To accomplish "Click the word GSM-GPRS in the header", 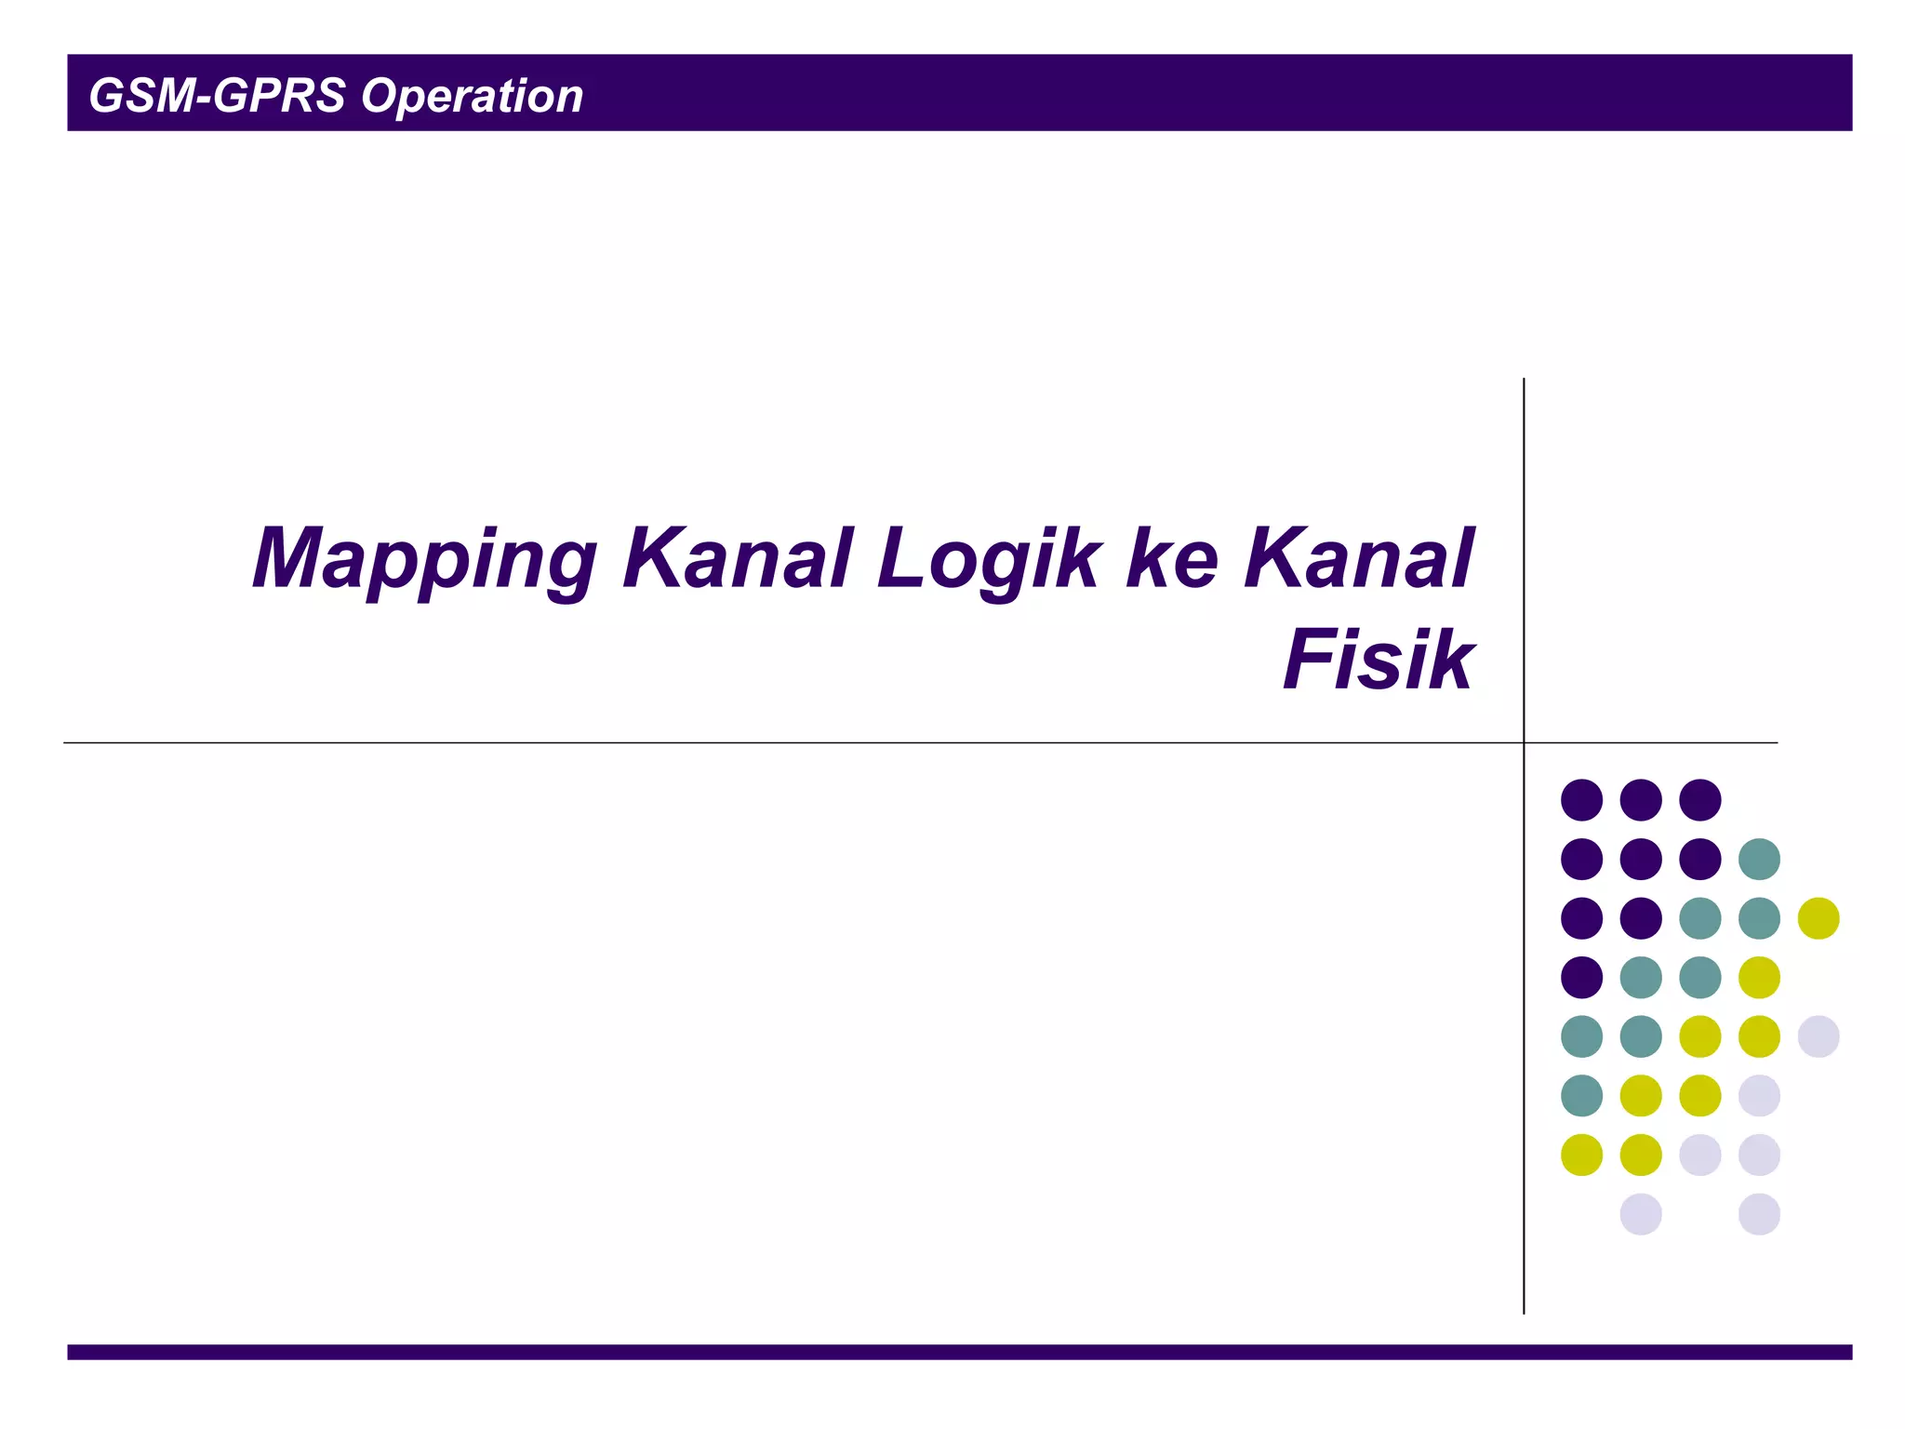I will pyautogui.click(x=217, y=96).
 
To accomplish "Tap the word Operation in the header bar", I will pyautogui.click(x=472, y=97).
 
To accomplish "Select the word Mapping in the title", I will pyautogui.click(x=423, y=560).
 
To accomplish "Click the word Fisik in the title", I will pyautogui.click(x=1379, y=660).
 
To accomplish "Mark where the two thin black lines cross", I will pyautogui.click(x=1524, y=742).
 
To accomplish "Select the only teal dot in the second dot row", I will pyautogui.click(x=1759, y=859).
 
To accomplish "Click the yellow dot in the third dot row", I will pyautogui.click(x=1818, y=918).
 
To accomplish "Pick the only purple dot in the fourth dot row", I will pyautogui.click(x=1581, y=978).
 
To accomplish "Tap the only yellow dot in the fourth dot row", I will pyautogui.click(x=1759, y=978).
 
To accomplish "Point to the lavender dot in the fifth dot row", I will pyautogui.click(x=1818, y=1036).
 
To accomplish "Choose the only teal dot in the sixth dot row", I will pyautogui.click(x=1581, y=1096).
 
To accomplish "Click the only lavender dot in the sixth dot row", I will pyautogui.click(x=1759, y=1096).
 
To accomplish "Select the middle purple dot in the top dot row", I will pyautogui.click(x=1641, y=800).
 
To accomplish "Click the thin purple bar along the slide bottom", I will pyautogui.click(x=958, y=1352).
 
